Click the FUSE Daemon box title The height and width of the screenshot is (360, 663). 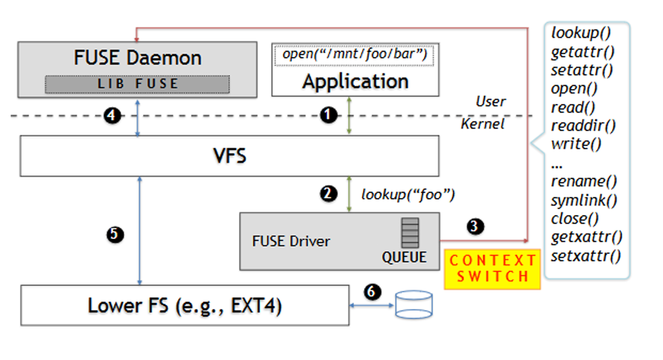coord(137,58)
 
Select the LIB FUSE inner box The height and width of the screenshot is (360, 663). coord(137,84)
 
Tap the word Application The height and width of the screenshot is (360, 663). coord(355,82)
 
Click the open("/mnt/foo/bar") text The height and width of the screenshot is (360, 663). coord(355,54)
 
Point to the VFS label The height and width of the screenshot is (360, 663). coord(229,156)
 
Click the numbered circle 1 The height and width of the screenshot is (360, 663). coord(328,115)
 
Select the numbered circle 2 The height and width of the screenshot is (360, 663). coord(328,193)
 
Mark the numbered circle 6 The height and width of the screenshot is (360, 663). coord(372,291)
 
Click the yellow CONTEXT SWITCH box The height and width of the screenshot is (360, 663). coord(492,269)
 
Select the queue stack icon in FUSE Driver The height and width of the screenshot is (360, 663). coord(410,233)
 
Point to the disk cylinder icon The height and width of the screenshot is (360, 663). coord(413,304)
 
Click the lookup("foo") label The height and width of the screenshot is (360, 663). coord(408,195)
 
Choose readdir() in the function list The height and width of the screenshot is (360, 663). coord(583,126)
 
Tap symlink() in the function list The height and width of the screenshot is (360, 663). coord(584,201)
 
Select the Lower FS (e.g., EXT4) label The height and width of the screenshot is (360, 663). coord(185,306)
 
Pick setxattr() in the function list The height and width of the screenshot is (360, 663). coord(586,256)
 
